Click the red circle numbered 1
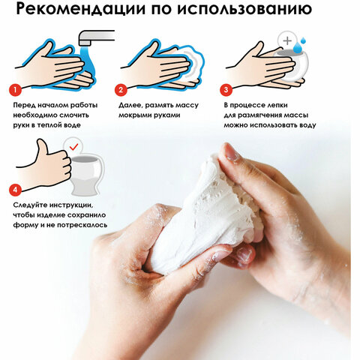(14, 89)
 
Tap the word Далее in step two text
(133, 106)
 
